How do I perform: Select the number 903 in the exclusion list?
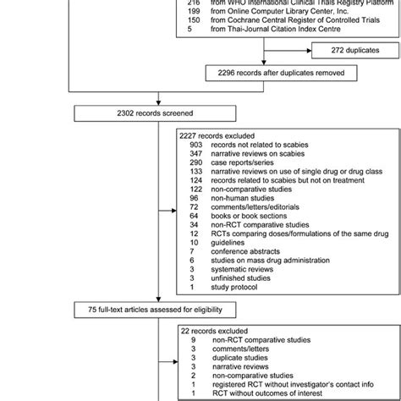coord(197,145)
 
